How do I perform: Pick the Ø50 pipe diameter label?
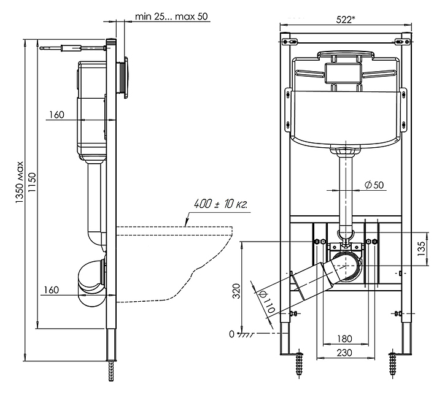(376, 185)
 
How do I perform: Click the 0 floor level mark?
(231, 334)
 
